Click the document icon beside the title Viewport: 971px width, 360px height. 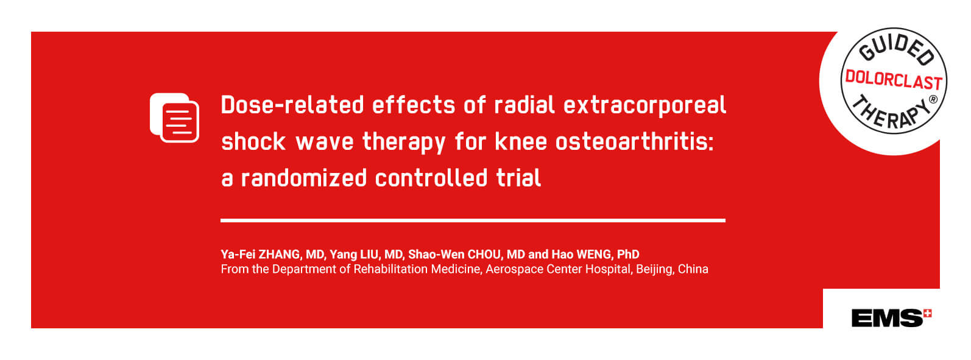coord(174,118)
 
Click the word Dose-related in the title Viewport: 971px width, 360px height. coord(292,105)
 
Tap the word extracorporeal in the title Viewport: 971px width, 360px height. coord(644,105)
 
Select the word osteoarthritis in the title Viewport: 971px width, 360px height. coord(634,141)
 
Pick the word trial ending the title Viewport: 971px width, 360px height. coord(518,178)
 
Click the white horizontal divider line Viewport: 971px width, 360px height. coord(473,221)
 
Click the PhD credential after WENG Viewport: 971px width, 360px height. coord(628,255)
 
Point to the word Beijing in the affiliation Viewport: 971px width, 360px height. coord(654,269)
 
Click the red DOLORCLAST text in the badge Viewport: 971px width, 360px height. coord(894,79)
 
